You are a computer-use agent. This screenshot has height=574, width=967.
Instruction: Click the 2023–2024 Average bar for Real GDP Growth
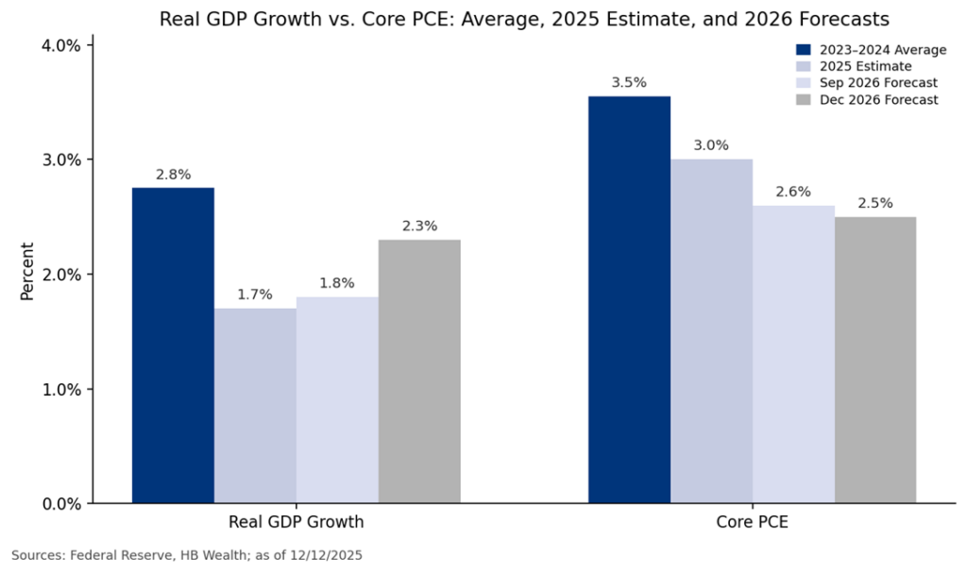[x=173, y=345]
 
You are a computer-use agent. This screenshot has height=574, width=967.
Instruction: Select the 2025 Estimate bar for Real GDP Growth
[x=255, y=405]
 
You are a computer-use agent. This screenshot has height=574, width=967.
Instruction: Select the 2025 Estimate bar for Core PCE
[x=711, y=330]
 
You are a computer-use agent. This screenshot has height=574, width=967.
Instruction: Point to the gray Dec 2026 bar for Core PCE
[x=875, y=360]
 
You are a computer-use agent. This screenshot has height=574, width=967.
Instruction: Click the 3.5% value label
[x=629, y=82]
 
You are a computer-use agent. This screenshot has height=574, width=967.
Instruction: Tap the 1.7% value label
[x=255, y=295]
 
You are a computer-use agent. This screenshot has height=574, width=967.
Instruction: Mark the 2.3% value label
[x=419, y=226]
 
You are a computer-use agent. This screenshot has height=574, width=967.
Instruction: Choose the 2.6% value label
[x=793, y=192]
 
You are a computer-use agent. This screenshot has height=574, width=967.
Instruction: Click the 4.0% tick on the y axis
[x=63, y=45]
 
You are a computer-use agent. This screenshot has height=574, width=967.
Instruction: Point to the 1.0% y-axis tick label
[x=63, y=389]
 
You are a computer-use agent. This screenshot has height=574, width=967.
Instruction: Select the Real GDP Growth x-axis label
[x=296, y=521]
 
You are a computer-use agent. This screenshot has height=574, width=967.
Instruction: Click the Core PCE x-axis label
[x=752, y=521]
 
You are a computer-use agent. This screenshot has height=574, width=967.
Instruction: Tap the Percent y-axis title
[x=27, y=274]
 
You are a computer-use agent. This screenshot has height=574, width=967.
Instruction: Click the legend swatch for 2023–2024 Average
[x=803, y=49]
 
